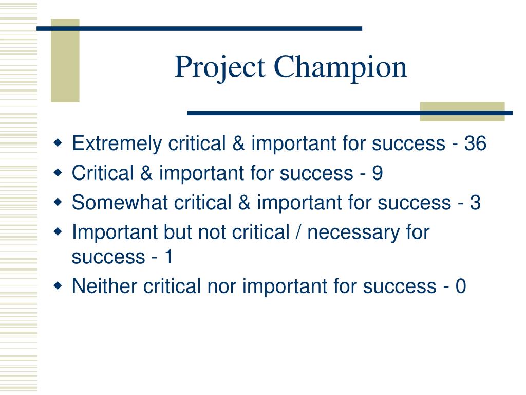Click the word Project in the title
[x=220, y=68]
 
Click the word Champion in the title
[x=341, y=68]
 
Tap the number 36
[x=475, y=143]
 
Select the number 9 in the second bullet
[x=378, y=173]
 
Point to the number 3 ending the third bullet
[x=475, y=203]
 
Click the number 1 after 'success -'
[x=168, y=257]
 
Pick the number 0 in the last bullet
[x=461, y=286]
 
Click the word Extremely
[x=117, y=143]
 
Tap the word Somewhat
[x=120, y=203]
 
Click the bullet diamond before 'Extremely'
[x=58, y=143]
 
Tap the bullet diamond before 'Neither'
[x=58, y=286]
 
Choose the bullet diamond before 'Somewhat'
[x=58, y=202]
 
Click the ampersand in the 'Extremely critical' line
[x=238, y=143]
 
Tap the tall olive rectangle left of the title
[x=65, y=61]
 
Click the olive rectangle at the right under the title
[x=462, y=112]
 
